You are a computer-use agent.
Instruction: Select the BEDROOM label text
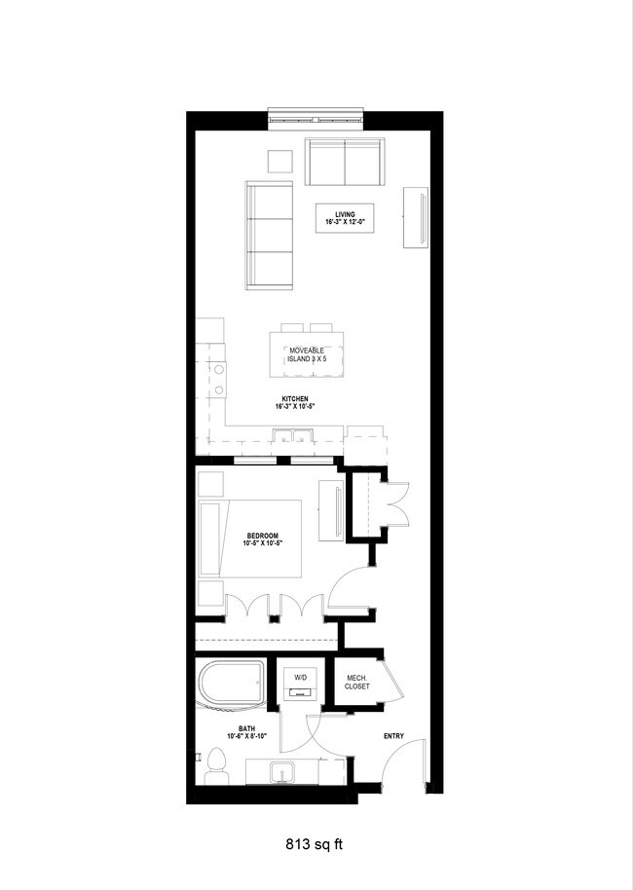point(263,539)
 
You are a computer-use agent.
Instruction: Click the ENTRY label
point(393,736)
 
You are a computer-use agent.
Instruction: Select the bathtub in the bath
point(231,686)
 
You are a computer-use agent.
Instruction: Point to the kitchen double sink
point(288,435)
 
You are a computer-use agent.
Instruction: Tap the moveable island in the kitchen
point(307,355)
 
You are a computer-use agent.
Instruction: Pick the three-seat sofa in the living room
point(270,235)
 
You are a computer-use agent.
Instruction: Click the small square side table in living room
point(281,163)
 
